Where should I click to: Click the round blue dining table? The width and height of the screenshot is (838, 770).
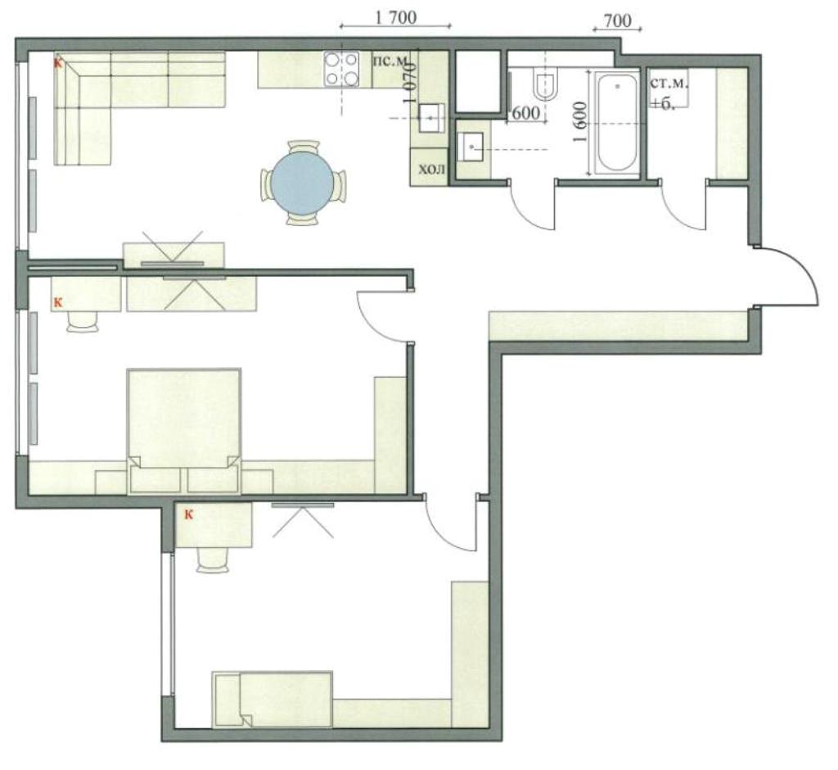pyautogui.click(x=303, y=183)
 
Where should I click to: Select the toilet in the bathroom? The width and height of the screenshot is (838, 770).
pyautogui.click(x=544, y=84)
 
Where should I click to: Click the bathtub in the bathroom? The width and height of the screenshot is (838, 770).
pyautogui.click(x=617, y=123)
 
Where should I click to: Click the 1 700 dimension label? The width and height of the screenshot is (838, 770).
pyautogui.click(x=395, y=17)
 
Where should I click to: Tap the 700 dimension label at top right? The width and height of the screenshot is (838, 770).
pyautogui.click(x=617, y=20)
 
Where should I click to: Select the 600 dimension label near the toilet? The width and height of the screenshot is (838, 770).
pyautogui.click(x=525, y=114)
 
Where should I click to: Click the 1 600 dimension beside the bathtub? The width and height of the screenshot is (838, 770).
pyautogui.click(x=580, y=122)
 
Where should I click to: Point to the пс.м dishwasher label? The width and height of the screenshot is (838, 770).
pyautogui.click(x=390, y=61)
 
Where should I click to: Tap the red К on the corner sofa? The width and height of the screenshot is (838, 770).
pyautogui.click(x=58, y=63)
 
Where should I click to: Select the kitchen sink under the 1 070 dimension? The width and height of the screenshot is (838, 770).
pyautogui.click(x=431, y=118)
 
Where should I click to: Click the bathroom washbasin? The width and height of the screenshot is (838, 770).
pyautogui.click(x=471, y=146)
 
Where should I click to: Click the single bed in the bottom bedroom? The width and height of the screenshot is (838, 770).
pyautogui.click(x=273, y=700)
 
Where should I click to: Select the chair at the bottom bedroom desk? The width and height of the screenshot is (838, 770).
pyautogui.click(x=213, y=559)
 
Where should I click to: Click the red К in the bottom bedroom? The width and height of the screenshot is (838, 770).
pyautogui.click(x=188, y=514)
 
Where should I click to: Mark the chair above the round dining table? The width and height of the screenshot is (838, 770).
pyautogui.click(x=303, y=147)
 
